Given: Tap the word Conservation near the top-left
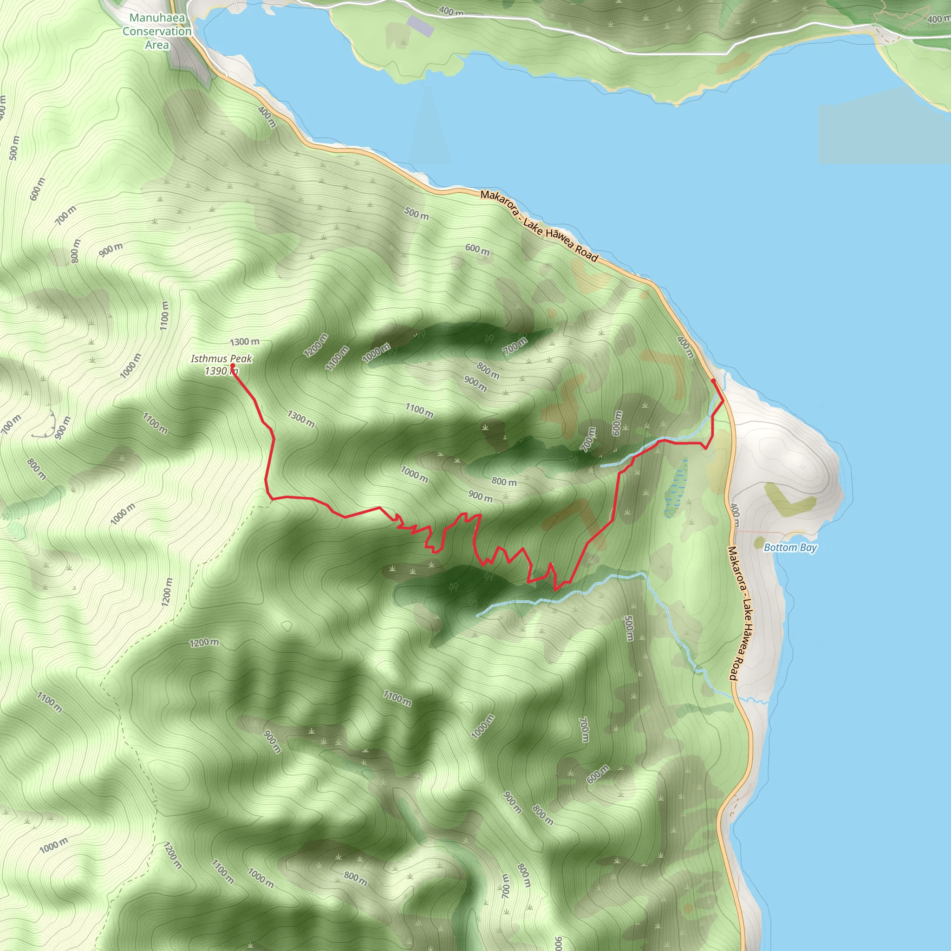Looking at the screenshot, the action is (157, 32).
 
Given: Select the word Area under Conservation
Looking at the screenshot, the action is (157, 45).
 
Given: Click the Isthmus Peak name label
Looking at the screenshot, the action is (221, 359).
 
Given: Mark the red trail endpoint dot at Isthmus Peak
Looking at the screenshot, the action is (232, 366).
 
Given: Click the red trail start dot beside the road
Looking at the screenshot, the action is (713, 380).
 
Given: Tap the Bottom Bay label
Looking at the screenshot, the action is (790, 547).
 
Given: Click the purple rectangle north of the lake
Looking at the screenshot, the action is (421, 26).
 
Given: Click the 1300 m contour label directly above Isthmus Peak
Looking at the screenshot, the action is (245, 342).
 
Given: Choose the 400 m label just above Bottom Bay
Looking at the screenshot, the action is (735, 515).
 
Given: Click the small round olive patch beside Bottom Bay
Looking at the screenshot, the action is (760, 542).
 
